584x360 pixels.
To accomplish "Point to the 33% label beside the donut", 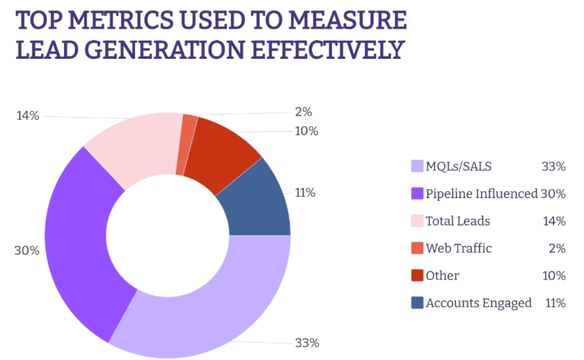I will [x=307, y=343].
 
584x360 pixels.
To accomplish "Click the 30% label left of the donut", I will [x=27, y=251].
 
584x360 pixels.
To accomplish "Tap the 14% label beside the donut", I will [x=27, y=116].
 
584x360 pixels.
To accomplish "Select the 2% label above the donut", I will [x=303, y=112].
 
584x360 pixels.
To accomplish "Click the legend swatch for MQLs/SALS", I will [x=416, y=167].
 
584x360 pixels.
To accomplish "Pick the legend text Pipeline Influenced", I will [x=481, y=194].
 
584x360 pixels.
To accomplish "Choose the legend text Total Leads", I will [x=458, y=221].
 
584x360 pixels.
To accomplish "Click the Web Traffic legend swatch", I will [x=416, y=248].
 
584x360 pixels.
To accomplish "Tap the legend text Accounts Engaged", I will [x=478, y=303].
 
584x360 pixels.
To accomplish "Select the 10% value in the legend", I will [x=553, y=276].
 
